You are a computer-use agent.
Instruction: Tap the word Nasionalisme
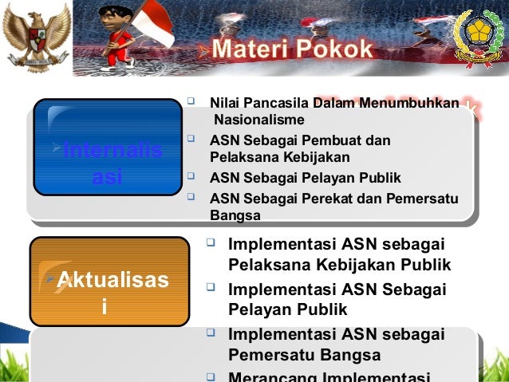pyautogui.click(x=258, y=120)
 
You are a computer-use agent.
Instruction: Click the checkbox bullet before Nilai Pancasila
pyautogui.click(x=191, y=102)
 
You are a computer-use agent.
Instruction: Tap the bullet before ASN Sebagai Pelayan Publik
pyautogui.click(x=191, y=177)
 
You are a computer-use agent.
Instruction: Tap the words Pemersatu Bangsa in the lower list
pyautogui.click(x=304, y=355)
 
